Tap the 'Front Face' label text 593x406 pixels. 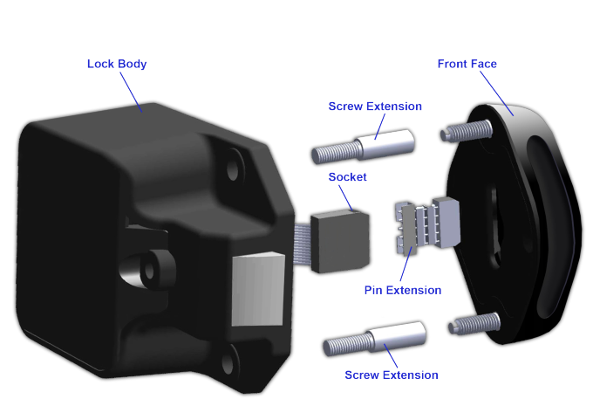coord(467,64)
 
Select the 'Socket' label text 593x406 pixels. coord(347,176)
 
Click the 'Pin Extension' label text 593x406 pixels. coord(403,290)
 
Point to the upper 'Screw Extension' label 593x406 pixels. coord(375,107)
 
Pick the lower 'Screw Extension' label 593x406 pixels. coord(392,375)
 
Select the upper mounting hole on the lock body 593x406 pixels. coord(235,164)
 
